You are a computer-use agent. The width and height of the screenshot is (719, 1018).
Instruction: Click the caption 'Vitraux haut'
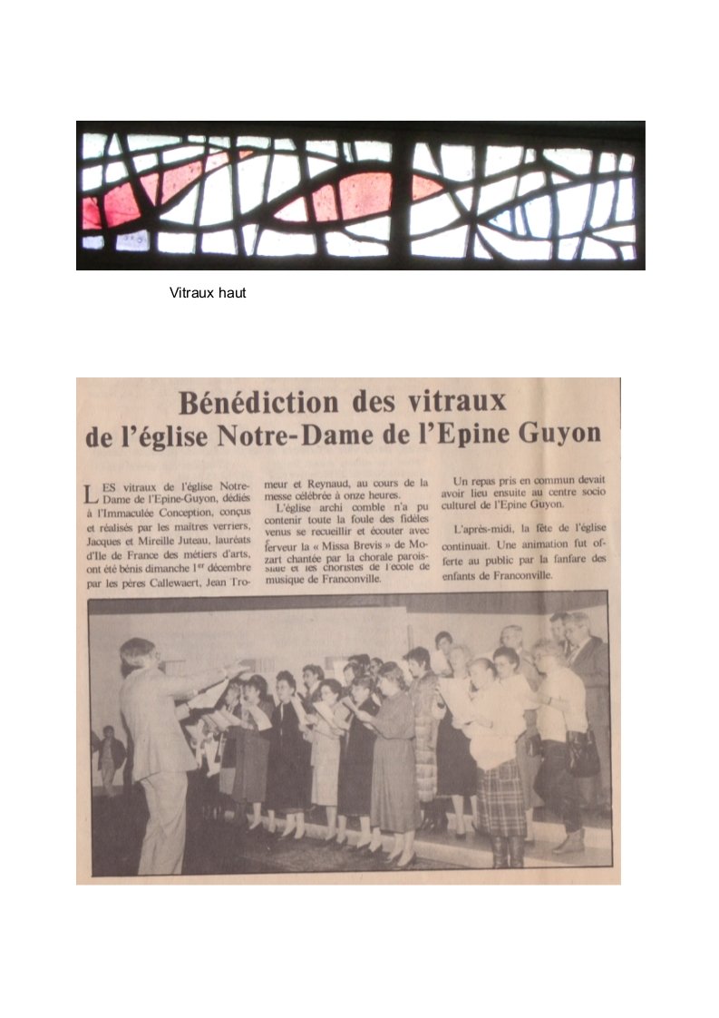208,294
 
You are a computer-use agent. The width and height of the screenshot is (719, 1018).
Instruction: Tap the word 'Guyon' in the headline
555,434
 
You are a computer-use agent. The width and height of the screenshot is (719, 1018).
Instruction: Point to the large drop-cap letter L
88,495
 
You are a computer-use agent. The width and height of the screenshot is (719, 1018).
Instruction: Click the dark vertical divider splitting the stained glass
402,196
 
